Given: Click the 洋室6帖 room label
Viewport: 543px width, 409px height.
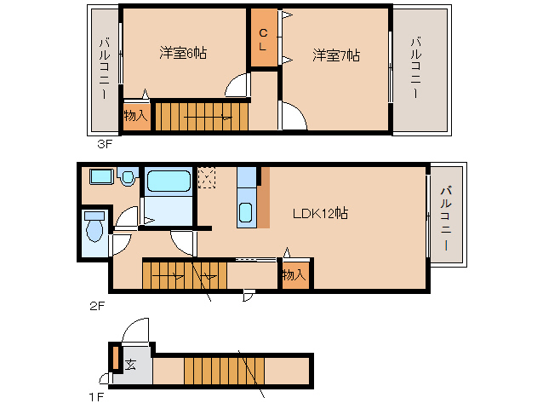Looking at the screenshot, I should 183,54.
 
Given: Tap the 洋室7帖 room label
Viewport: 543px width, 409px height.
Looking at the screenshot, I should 335,55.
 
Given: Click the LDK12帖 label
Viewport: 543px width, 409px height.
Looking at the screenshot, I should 320,213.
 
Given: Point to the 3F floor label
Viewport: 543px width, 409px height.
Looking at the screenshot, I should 104,144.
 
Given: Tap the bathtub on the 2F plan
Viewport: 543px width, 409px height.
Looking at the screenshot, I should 169,181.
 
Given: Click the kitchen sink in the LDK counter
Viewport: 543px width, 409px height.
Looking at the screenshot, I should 245,212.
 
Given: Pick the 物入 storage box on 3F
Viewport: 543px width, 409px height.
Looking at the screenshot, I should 136,116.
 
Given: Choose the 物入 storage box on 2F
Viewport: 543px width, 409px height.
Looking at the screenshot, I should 294,275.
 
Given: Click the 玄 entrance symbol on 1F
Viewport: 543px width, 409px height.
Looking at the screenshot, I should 131,365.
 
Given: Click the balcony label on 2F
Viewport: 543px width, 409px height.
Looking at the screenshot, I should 446,218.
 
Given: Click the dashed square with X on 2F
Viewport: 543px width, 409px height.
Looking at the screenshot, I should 207,177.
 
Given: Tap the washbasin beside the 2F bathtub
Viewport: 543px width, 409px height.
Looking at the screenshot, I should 128,178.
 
